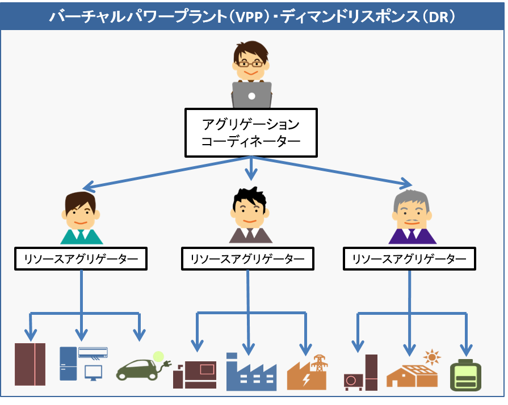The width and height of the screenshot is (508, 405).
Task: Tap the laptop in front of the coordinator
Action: (x=251, y=95)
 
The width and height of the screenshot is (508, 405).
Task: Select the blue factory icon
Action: (x=250, y=372)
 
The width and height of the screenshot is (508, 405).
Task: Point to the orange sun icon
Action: (x=433, y=358)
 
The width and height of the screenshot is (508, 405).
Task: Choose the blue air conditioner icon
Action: (x=93, y=352)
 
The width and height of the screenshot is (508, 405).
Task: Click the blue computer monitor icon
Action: (x=93, y=372)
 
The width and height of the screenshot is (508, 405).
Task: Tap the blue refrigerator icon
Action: (x=68, y=364)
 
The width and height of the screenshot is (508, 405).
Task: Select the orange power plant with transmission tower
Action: (x=307, y=373)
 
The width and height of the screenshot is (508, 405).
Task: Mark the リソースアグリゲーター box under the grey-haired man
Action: (x=409, y=259)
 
